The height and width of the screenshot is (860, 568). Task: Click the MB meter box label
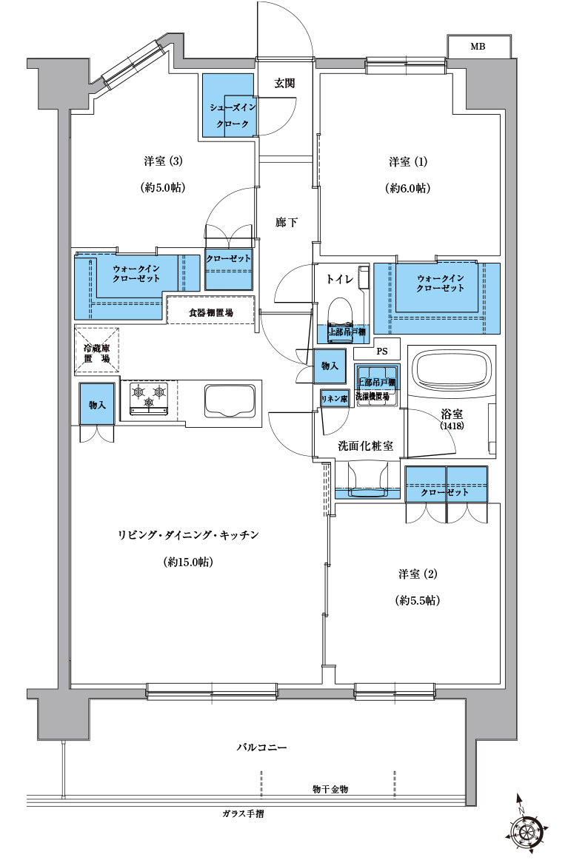click(478, 47)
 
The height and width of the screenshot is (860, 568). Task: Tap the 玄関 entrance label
click(285, 84)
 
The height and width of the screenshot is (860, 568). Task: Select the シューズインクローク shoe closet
click(229, 106)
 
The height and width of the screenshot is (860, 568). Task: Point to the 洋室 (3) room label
click(163, 161)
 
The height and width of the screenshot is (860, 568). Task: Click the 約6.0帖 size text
click(408, 188)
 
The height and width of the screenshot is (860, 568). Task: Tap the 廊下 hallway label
click(286, 222)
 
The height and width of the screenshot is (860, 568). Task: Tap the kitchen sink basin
click(230, 400)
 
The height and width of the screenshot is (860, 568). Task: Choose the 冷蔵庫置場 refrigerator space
click(97, 351)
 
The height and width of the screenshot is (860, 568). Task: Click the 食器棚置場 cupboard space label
click(211, 312)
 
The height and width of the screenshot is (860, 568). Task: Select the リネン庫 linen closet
click(334, 398)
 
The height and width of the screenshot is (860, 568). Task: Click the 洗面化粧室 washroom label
click(366, 446)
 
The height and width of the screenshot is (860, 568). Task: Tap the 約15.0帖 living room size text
click(187, 562)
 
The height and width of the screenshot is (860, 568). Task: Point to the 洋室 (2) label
click(418, 574)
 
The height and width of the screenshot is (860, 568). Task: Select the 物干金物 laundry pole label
click(330, 789)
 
